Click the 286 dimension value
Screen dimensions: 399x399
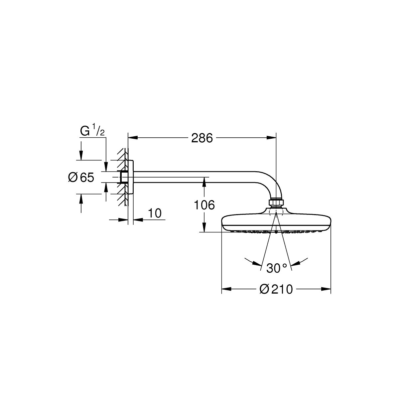click(202, 138)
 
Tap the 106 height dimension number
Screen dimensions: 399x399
click(204, 205)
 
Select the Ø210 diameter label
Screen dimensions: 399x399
click(276, 289)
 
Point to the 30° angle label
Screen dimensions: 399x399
click(276, 268)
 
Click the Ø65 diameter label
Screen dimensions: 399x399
click(81, 177)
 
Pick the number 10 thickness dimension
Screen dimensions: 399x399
click(155, 213)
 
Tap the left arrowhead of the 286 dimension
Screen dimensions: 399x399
click(133, 137)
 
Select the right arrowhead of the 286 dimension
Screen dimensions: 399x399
click(271, 137)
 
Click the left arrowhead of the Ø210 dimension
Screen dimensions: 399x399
click(226, 289)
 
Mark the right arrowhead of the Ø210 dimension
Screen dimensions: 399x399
click(326, 289)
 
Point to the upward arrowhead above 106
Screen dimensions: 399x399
click(204, 182)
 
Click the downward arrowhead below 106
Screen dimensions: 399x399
click(204, 227)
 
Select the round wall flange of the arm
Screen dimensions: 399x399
click(131, 177)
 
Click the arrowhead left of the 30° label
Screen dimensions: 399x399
click(257, 264)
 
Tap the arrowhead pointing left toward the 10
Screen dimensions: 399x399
click(138, 220)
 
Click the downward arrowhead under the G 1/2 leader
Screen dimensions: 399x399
click(106, 167)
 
